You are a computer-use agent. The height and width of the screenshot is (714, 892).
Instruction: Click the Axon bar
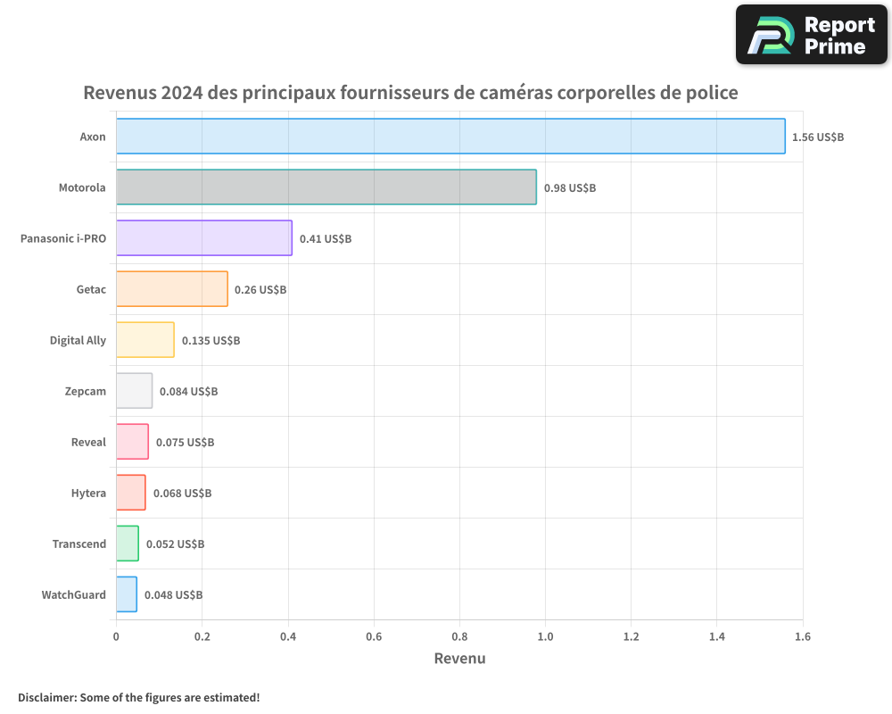(x=450, y=137)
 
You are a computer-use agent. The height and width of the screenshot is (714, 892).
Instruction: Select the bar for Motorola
(x=326, y=187)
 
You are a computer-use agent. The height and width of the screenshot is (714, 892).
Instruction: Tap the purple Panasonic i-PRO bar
(x=204, y=238)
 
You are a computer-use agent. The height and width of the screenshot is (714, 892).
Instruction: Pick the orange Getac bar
(x=172, y=289)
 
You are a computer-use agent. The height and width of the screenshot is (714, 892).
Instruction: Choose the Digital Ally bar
(x=145, y=340)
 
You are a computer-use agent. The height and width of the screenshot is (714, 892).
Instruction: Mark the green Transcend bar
(x=128, y=544)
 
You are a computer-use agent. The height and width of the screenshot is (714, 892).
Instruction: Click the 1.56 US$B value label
(x=818, y=137)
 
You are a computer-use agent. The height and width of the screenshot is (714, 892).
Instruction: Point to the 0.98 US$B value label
(x=570, y=188)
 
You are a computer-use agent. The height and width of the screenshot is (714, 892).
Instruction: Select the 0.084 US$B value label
(x=188, y=392)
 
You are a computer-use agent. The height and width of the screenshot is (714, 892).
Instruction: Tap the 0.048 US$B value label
(x=173, y=595)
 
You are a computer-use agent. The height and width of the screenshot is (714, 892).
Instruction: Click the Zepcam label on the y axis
(x=86, y=391)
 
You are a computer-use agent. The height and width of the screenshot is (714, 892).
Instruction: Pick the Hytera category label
(x=88, y=493)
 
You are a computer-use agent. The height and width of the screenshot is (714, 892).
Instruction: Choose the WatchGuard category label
(x=73, y=594)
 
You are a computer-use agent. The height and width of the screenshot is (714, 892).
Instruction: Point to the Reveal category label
(x=88, y=442)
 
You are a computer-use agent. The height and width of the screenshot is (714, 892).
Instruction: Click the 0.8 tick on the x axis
(x=459, y=636)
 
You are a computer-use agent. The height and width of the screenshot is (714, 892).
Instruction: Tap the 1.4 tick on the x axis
(x=717, y=636)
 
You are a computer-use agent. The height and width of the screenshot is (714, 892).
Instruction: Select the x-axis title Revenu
(x=459, y=659)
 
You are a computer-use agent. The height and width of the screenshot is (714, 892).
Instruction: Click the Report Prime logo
(x=812, y=35)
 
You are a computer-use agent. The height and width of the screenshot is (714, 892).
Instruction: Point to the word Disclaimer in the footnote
(x=45, y=697)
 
